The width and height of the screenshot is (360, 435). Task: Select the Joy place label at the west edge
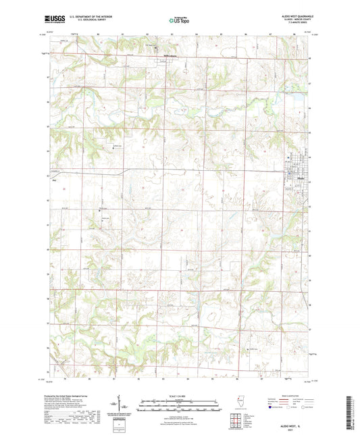tap(54, 180)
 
